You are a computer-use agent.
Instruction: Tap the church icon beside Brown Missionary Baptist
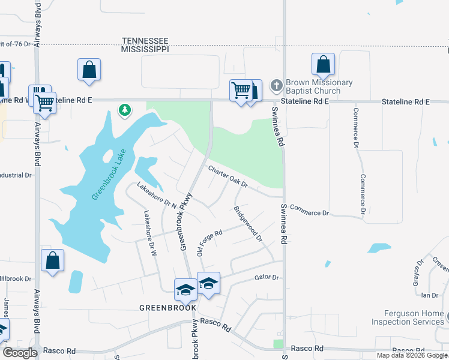tap(277, 86)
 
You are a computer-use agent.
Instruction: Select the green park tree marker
tap(125, 110)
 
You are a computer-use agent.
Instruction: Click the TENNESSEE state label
tap(145, 40)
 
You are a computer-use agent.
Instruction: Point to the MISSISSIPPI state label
tap(145, 49)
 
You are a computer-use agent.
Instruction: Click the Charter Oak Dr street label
tap(228, 176)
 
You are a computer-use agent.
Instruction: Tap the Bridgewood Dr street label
tap(248, 224)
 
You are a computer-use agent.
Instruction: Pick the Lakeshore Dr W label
tap(149, 235)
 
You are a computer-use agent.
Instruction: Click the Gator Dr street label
tap(267, 278)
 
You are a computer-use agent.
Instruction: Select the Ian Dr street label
tap(429, 295)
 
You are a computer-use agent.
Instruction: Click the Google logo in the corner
tap(20, 353)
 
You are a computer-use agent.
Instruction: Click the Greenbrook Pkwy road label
tap(185, 221)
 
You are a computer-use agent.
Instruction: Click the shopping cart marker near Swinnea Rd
tap(241, 91)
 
